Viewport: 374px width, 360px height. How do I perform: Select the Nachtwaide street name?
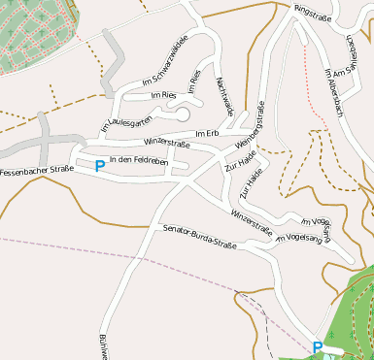pyautogui.click(x=225, y=96)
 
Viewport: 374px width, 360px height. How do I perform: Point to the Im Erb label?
pyautogui.click(x=207, y=133)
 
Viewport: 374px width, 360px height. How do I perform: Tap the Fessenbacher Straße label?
pyautogui.click(x=37, y=171)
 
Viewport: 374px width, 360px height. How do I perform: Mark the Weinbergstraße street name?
pyautogui.click(x=251, y=124)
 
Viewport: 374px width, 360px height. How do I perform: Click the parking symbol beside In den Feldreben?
pyautogui.click(x=99, y=165)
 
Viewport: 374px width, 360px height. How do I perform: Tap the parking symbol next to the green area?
pyautogui.click(x=317, y=345)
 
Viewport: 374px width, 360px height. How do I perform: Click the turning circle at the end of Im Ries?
pyautogui.click(x=183, y=115)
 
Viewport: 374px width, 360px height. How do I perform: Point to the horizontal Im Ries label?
pyautogui.click(x=162, y=95)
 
